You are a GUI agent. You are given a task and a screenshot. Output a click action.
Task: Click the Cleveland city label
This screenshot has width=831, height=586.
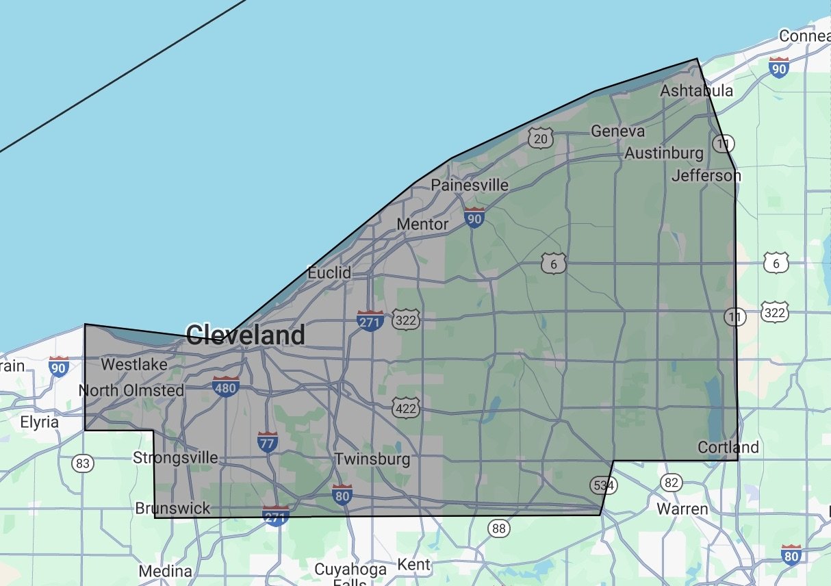tap(245, 335)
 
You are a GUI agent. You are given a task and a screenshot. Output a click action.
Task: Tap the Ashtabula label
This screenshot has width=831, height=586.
tap(696, 91)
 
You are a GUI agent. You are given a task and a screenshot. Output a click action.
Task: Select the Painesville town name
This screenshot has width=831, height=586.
tap(470, 186)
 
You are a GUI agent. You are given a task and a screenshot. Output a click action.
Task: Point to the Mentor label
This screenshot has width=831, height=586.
tap(422, 224)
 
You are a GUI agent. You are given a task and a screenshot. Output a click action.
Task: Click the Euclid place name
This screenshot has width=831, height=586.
tap(329, 272)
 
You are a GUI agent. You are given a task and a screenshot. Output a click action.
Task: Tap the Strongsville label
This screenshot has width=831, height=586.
tap(175, 457)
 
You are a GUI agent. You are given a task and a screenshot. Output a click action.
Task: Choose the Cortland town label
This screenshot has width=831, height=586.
tap(728, 447)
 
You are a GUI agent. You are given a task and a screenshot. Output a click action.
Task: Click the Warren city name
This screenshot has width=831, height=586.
tap(682, 509)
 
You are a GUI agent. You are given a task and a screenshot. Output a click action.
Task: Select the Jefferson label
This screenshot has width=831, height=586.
tap(706, 176)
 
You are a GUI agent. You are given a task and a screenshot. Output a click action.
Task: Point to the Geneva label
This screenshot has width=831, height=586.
tap(617, 131)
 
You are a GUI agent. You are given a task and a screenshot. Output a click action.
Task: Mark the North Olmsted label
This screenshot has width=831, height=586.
tap(131, 390)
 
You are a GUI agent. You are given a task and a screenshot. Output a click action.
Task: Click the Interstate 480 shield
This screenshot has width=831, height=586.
tap(226, 386)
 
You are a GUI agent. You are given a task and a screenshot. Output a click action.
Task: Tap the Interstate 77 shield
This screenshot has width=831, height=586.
tap(268, 442)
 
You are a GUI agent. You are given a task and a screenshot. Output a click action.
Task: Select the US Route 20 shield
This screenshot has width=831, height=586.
tap(540, 139)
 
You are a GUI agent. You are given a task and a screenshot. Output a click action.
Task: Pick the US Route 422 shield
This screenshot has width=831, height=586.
tap(405, 409)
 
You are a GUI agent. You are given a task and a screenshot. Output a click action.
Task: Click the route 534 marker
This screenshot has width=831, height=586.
tap(603, 485)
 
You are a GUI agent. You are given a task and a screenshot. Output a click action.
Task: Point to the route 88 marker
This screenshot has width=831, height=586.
tap(499, 528)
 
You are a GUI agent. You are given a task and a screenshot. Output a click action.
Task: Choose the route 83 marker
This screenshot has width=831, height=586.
tap(83, 463)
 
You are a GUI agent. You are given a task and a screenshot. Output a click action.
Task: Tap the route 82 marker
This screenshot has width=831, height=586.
tap(672, 483)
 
